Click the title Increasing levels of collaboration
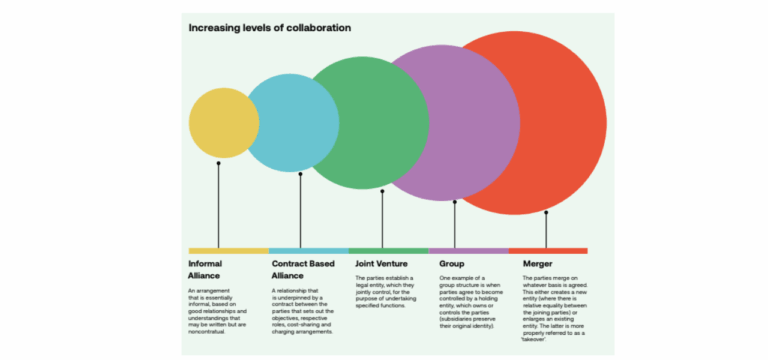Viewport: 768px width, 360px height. pyautogui.click(x=269, y=27)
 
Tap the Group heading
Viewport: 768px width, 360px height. pyautogui.click(x=451, y=264)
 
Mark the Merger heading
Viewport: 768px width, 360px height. pyautogui.click(x=537, y=264)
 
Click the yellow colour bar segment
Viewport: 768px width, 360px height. pyautogui.click(x=228, y=250)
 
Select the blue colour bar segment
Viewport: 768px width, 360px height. pyautogui.click(x=308, y=250)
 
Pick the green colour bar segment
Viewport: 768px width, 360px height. pyautogui.click(x=388, y=250)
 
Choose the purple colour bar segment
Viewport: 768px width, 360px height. pyautogui.click(x=468, y=250)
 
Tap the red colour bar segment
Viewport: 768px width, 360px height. pyautogui.click(x=548, y=250)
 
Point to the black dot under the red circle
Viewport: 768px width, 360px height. pyautogui.click(x=546, y=213)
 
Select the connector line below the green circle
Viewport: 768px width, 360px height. pyautogui.click(x=382, y=220)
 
